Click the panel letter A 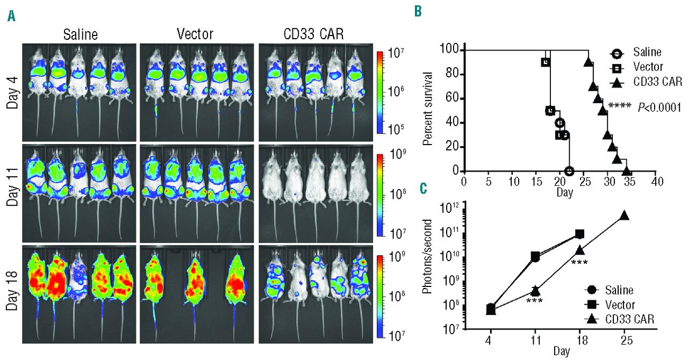[11, 17]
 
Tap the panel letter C [423, 189]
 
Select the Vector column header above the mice [195, 34]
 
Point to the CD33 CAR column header [313, 34]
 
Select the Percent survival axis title [429, 110]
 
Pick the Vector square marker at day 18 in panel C [580, 234]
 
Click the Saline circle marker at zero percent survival [569, 171]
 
